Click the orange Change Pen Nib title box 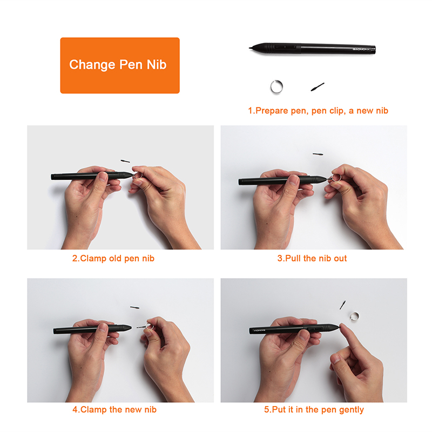point(120,65)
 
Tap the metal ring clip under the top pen point(272,86)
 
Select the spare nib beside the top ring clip point(318,87)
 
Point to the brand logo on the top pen point(361,49)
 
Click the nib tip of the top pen point(249,48)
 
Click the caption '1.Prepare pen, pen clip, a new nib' point(318,111)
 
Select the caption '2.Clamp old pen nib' point(113,259)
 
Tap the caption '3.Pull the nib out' point(312,259)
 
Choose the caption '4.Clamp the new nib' point(114,409)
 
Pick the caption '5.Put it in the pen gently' point(314,410)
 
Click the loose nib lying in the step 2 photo point(125,161)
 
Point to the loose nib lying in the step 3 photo point(318,154)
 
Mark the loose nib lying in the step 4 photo point(134,307)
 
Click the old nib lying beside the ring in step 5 point(342,305)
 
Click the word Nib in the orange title point(157,64)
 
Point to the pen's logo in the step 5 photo point(259,329)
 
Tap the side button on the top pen point(285,47)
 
